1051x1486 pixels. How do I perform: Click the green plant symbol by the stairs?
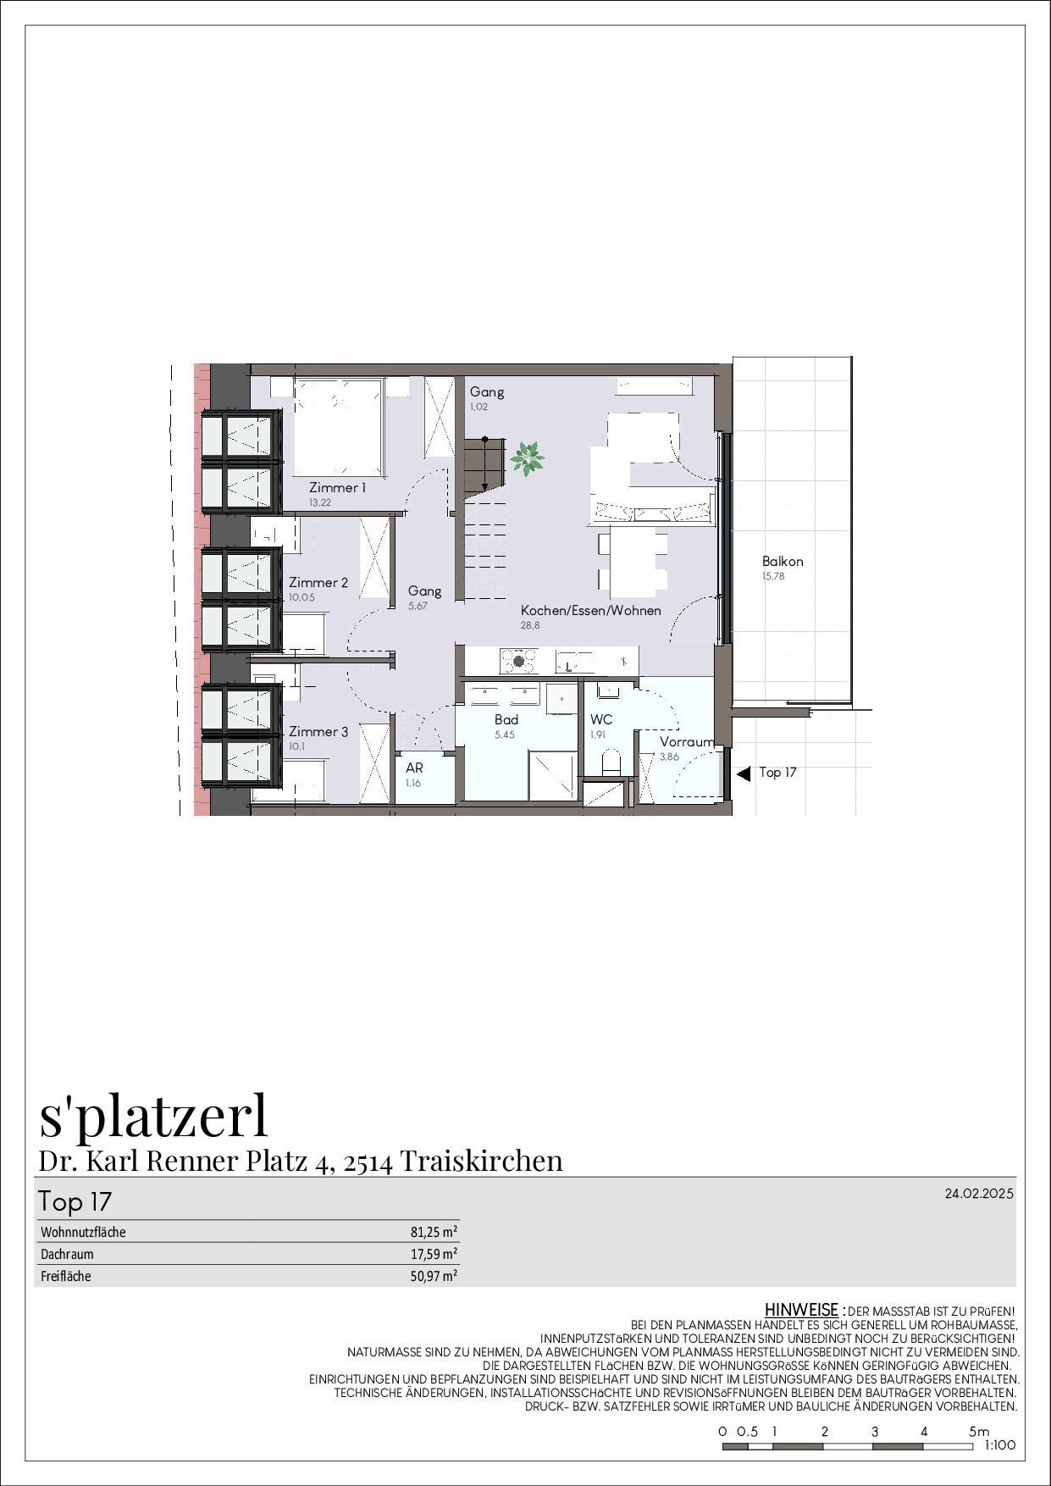527,458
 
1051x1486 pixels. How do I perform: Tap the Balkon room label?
782,561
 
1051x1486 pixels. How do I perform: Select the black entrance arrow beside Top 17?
744,773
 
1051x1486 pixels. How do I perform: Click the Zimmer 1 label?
337,487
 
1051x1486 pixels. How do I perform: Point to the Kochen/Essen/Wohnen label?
590,610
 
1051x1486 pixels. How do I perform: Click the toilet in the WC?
611,763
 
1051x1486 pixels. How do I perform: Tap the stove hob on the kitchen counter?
518,661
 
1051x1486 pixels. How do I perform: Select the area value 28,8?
530,625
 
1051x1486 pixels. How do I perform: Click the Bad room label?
506,719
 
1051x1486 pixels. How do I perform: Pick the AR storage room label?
414,768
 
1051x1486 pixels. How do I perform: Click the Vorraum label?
686,741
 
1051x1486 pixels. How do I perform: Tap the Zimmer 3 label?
318,731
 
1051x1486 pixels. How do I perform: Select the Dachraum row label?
67,1254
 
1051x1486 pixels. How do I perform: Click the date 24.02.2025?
979,1194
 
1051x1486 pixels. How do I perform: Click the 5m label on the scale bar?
979,1431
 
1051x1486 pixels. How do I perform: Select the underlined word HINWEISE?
800,1310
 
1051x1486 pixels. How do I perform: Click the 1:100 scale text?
999,1445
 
